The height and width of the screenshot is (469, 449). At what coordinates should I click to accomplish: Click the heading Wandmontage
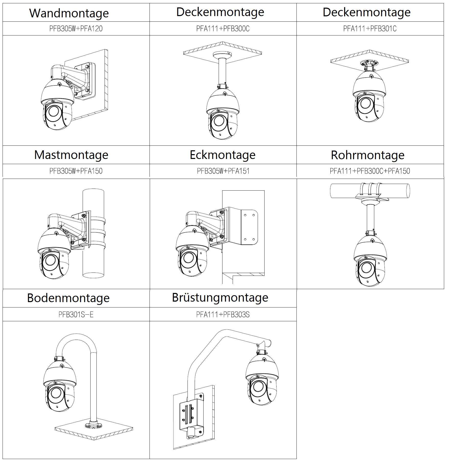[69, 13]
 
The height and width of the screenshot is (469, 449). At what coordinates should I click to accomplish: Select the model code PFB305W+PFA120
[76, 29]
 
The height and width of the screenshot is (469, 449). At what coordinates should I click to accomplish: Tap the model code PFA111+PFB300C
[223, 29]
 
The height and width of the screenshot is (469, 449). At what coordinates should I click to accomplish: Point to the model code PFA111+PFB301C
[370, 29]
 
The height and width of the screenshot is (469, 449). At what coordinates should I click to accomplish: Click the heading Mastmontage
[71, 155]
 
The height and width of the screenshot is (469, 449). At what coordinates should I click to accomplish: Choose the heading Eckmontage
[222, 155]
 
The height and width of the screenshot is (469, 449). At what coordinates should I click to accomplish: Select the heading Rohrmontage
[367, 155]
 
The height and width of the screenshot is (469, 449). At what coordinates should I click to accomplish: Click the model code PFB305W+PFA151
[223, 171]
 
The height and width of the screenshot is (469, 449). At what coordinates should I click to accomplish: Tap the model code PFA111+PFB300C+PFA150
[370, 171]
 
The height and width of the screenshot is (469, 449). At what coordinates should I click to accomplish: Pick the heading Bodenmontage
[68, 298]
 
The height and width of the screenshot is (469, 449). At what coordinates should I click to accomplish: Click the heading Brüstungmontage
[220, 298]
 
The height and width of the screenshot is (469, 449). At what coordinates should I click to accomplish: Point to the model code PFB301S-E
[76, 314]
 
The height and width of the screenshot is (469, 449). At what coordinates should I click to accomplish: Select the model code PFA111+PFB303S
[223, 314]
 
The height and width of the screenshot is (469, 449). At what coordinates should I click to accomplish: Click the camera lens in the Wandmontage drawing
[54, 111]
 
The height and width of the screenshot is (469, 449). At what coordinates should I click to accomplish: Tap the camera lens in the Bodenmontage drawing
[56, 393]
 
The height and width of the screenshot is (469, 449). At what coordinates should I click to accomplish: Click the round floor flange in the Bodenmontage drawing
[93, 425]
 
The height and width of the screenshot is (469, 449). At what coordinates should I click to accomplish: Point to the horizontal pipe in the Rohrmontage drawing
[393, 191]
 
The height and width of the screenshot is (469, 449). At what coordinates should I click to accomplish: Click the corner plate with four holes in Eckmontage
[249, 227]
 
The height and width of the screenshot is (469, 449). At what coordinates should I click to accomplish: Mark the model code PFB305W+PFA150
[76, 171]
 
